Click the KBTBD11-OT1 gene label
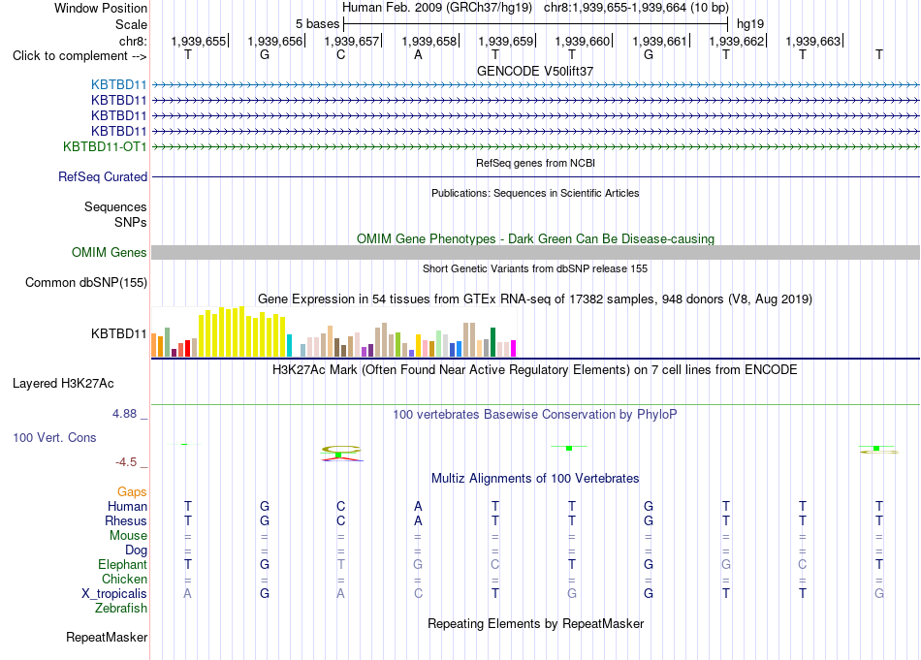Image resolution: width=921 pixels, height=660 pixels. (105, 146)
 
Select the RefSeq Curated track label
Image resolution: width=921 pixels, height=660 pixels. (103, 176)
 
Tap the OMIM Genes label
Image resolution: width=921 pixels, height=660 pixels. (110, 253)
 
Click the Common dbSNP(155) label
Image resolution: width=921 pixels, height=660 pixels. (86, 282)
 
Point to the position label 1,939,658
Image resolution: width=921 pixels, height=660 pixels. (429, 41)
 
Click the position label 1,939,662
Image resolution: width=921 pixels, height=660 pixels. (737, 41)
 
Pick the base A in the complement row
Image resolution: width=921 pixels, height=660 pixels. (418, 55)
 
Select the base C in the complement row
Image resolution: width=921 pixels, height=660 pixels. (340, 55)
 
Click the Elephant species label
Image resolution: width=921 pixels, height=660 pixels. (123, 565)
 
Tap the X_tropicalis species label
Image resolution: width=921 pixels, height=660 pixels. (114, 594)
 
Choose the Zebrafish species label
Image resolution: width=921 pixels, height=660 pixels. (121, 609)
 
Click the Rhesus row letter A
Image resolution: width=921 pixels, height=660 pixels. (418, 520)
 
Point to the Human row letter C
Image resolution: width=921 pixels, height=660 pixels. (340, 506)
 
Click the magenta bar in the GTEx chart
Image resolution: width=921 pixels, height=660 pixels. (514, 348)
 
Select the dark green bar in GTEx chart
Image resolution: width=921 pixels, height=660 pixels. (492, 342)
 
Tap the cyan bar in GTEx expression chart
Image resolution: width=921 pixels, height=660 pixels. (289, 345)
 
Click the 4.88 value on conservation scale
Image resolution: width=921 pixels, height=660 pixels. (124, 414)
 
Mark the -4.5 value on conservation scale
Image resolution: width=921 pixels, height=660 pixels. (126, 462)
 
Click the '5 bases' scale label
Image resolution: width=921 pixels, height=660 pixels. (317, 24)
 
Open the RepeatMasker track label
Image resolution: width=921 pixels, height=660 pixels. (107, 638)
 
